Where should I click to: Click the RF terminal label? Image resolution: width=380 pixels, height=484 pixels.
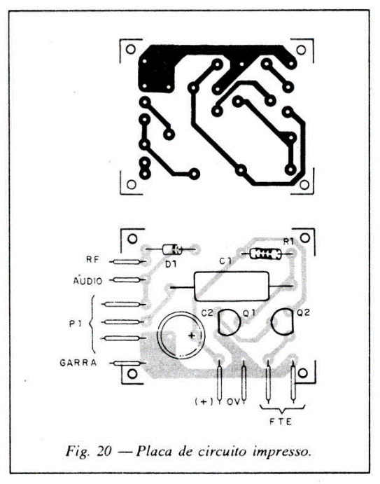(92, 260)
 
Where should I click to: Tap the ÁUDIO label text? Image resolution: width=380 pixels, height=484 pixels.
(88, 281)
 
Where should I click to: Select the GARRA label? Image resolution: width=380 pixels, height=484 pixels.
(78, 362)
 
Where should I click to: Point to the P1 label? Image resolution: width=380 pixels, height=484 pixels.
(76, 324)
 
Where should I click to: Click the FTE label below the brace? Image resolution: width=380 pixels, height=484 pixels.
(281, 422)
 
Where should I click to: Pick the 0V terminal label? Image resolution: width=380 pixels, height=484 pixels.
(234, 401)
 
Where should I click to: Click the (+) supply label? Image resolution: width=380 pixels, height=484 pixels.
(204, 401)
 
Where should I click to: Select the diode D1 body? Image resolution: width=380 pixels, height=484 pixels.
(171, 249)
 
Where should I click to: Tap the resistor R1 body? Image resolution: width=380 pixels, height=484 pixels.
(265, 254)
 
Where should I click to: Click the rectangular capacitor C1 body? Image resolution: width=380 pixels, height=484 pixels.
(231, 286)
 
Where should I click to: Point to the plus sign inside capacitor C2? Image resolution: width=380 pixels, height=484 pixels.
(192, 336)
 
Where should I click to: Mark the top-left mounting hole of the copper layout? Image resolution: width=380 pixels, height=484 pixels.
(131, 50)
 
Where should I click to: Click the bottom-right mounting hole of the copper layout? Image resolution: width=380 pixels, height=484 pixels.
(304, 185)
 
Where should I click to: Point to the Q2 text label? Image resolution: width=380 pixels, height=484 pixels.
(303, 312)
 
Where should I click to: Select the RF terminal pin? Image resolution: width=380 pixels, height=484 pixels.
(127, 262)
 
